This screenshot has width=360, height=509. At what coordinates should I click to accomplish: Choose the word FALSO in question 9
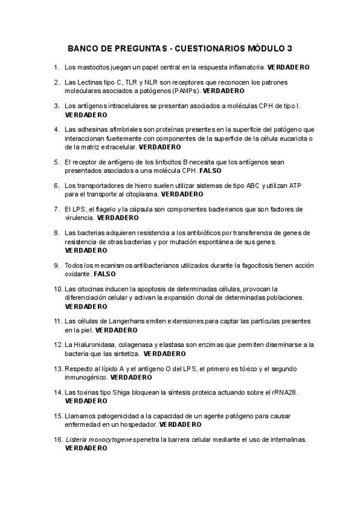105,274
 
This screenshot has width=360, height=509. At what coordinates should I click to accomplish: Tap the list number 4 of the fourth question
56,129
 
